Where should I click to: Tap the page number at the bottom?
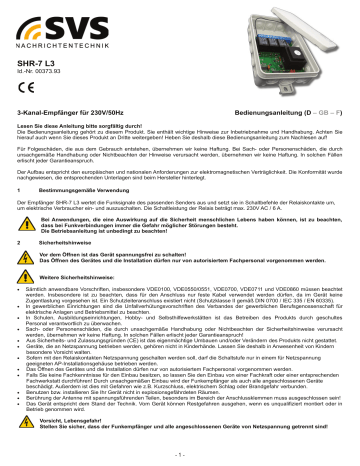tap(181, 458)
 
